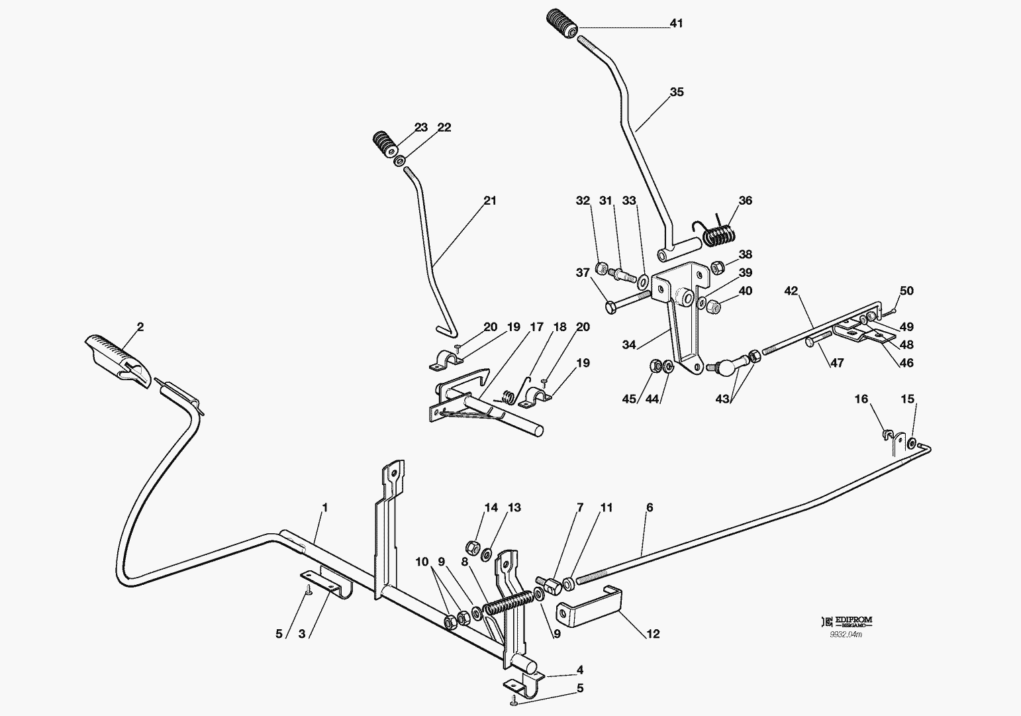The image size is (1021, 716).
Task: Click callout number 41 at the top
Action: click(x=676, y=24)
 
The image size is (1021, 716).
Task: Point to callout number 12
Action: click(x=653, y=635)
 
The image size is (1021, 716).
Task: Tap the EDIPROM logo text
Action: click(x=854, y=621)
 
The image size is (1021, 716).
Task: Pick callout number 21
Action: click(x=489, y=201)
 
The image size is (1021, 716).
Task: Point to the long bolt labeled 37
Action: click(x=626, y=303)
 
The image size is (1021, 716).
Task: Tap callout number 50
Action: click(x=906, y=291)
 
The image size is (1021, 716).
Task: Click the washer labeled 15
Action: click(x=912, y=442)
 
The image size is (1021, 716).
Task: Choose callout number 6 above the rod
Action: click(x=650, y=508)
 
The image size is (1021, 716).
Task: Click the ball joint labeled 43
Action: click(x=720, y=364)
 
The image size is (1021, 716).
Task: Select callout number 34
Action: click(x=629, y=345)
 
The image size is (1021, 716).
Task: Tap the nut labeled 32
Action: click(x=602, y=269)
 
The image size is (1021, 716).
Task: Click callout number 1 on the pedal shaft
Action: click(x=324, y=508)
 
